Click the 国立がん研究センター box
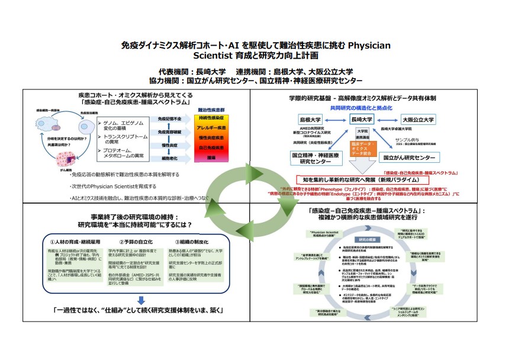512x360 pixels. [410, 158]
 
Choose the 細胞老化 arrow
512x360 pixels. [170, 158]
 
